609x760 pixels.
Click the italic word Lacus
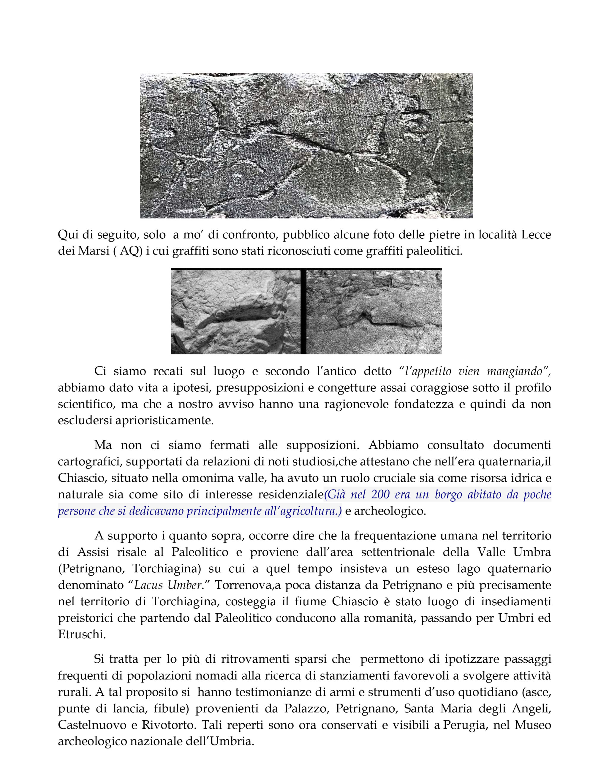148,585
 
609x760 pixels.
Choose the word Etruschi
82,634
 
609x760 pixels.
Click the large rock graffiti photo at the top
306,145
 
